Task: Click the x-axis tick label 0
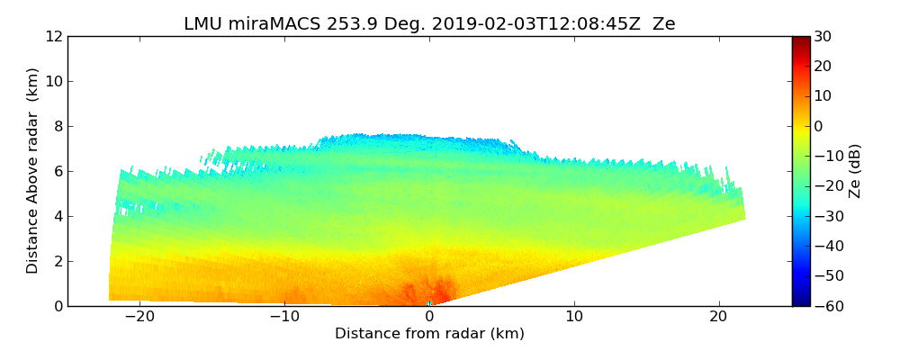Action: tap(429, 317)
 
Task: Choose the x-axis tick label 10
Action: tap(574, 317)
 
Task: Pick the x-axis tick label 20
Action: tap(718, 317)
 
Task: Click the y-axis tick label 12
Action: tap(53, 36)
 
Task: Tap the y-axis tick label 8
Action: tap(57, 126)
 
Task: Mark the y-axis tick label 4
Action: tap(57, 216)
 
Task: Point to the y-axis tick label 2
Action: tap(57, 261)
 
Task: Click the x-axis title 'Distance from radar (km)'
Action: tap(429, 334)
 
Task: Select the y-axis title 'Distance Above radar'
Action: tap(33, 171)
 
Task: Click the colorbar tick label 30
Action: tap(823, 36)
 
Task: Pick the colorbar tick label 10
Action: tap(823, 96)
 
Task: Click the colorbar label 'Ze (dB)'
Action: tap(855, 171)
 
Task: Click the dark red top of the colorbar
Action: tap(801, 40)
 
